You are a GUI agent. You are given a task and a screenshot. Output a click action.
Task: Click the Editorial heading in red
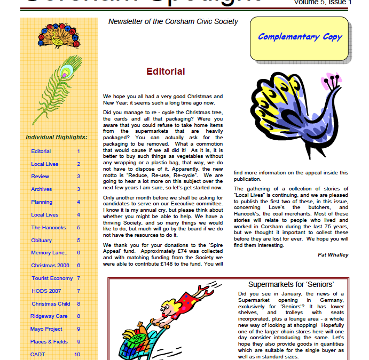(166, 71)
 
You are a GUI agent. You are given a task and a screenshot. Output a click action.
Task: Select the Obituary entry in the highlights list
(41, 240)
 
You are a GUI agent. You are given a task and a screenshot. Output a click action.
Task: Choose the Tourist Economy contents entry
(52, 278)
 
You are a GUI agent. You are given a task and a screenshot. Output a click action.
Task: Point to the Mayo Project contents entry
(46, 329)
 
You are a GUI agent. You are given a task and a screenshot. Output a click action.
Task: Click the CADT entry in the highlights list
(37, 354)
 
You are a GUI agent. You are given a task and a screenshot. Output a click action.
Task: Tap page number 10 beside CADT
(77, 354)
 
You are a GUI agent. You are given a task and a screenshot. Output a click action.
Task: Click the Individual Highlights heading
(56, 137)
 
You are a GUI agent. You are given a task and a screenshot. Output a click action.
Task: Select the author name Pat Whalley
(333, 254)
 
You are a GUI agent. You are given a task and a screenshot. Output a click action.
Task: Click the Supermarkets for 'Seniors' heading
(291, 285)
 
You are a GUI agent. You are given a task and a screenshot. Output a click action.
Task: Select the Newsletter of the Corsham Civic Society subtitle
(173, 22)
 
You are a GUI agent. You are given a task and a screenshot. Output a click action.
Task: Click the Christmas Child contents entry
(51, 303)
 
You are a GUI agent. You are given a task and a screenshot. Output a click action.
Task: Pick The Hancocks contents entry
(49, 227)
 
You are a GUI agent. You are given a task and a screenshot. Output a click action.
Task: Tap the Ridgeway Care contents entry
(49, 316)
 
